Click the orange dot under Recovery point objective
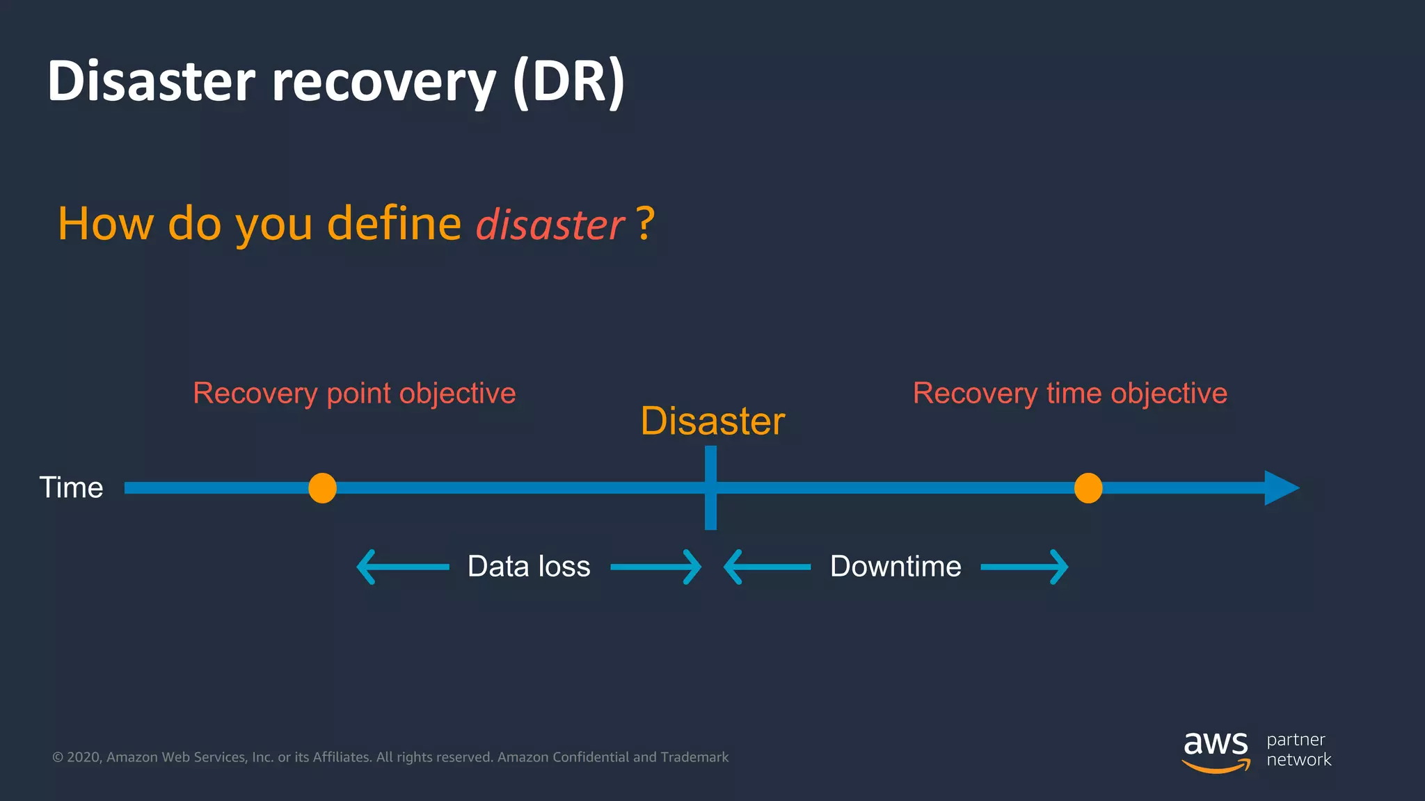coord(322,488)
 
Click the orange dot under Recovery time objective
coord(1088,488)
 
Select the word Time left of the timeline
coord(71,488)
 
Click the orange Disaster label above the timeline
coord(712,421)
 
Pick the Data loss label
coord(529,567)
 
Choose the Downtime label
coord(895,567)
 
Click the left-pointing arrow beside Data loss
coord(402,567)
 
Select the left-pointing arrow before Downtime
coord(767,567)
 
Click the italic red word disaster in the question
coord(550,225)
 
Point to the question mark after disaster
coord(645,224)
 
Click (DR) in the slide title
coord(568,82)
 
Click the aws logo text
coord(1216,744)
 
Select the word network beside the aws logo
coord(1298,760)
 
